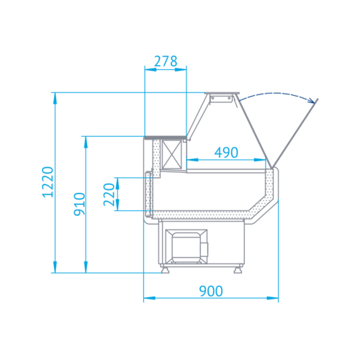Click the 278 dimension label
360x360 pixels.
click(x=166, y=61)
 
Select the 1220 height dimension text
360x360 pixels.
click(x=48, y=182)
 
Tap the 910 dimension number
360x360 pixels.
click(x=79, y=204)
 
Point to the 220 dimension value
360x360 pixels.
click(x=109, y=194)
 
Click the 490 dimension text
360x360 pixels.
click(x=226, y=153)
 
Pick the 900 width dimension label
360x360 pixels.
click(x=211, y=291)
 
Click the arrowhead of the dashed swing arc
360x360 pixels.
click(x=312, y=101)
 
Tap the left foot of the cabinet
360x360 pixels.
click(x=165, y=269)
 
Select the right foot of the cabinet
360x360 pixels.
click(x=238, y=269)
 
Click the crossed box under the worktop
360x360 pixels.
click(x=172, y=154)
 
